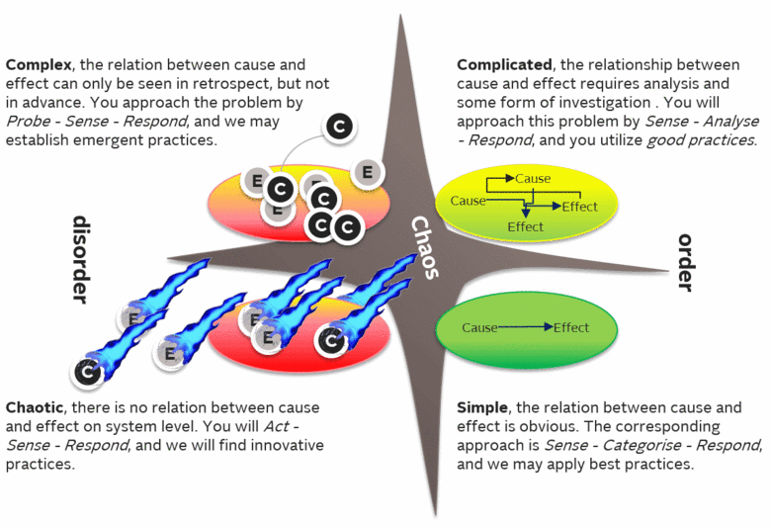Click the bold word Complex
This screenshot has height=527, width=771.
coord(38,65)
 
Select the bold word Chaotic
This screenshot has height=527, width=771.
coord(37,407)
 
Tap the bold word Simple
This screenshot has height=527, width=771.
coord(482,407)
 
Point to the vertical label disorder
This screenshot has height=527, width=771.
coord(80,259)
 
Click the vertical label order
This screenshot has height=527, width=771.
coord(686,263)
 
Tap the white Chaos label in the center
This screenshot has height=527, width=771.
coord(424,248)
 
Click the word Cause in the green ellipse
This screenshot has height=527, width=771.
coord(480,327)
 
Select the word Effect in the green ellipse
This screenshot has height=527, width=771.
coord(571,327)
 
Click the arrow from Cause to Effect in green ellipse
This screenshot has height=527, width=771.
coord(525,327)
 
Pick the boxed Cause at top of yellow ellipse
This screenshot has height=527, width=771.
coord(533,180)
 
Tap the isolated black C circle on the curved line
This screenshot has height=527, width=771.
coord(339,126)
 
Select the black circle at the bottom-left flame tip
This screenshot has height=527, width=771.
coord(87,373)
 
